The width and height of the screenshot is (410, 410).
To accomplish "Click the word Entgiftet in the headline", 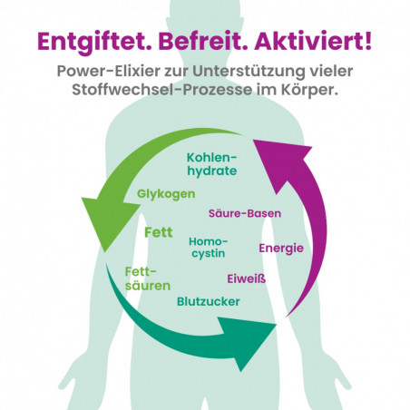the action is click(94, 43).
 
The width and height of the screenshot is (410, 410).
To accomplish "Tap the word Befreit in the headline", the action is click(202, 42).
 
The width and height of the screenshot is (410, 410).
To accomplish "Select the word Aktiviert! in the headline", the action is click(313, 42).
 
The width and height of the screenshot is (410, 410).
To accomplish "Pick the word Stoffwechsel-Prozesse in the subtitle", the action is click(162, 90).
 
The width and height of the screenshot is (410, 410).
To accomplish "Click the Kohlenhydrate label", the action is click(211, 164).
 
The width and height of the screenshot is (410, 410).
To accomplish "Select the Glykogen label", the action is click(166, 194).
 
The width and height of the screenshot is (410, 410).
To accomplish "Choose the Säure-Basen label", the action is click(245, 213).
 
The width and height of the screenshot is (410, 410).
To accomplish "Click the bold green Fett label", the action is click(159, 232).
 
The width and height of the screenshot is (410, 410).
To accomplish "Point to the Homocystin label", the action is click(209, 248).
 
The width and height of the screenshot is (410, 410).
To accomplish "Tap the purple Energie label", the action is click(281, 249).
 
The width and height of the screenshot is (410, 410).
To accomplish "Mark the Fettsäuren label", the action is click(148, 278).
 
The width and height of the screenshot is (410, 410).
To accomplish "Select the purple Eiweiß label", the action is click(247, 278).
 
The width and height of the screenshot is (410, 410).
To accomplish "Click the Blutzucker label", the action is click(209, 301).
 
